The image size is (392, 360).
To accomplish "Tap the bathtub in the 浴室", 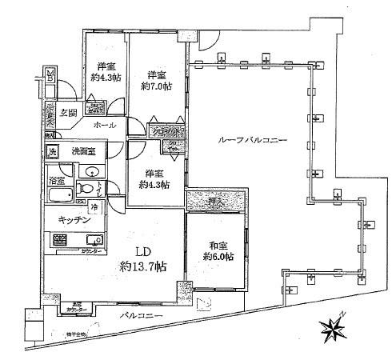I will [x=60, y=196].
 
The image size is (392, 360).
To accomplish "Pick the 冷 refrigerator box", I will [x=94, y=209].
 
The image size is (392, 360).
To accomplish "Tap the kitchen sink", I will [x=93, y=238].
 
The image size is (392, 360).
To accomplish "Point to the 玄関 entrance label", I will [x=68, y=112].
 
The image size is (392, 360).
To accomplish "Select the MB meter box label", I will [x=50, y=76].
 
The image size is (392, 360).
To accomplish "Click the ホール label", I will [x=104, y=126].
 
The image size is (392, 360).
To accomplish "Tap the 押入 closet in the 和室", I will [x=206, y=200].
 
